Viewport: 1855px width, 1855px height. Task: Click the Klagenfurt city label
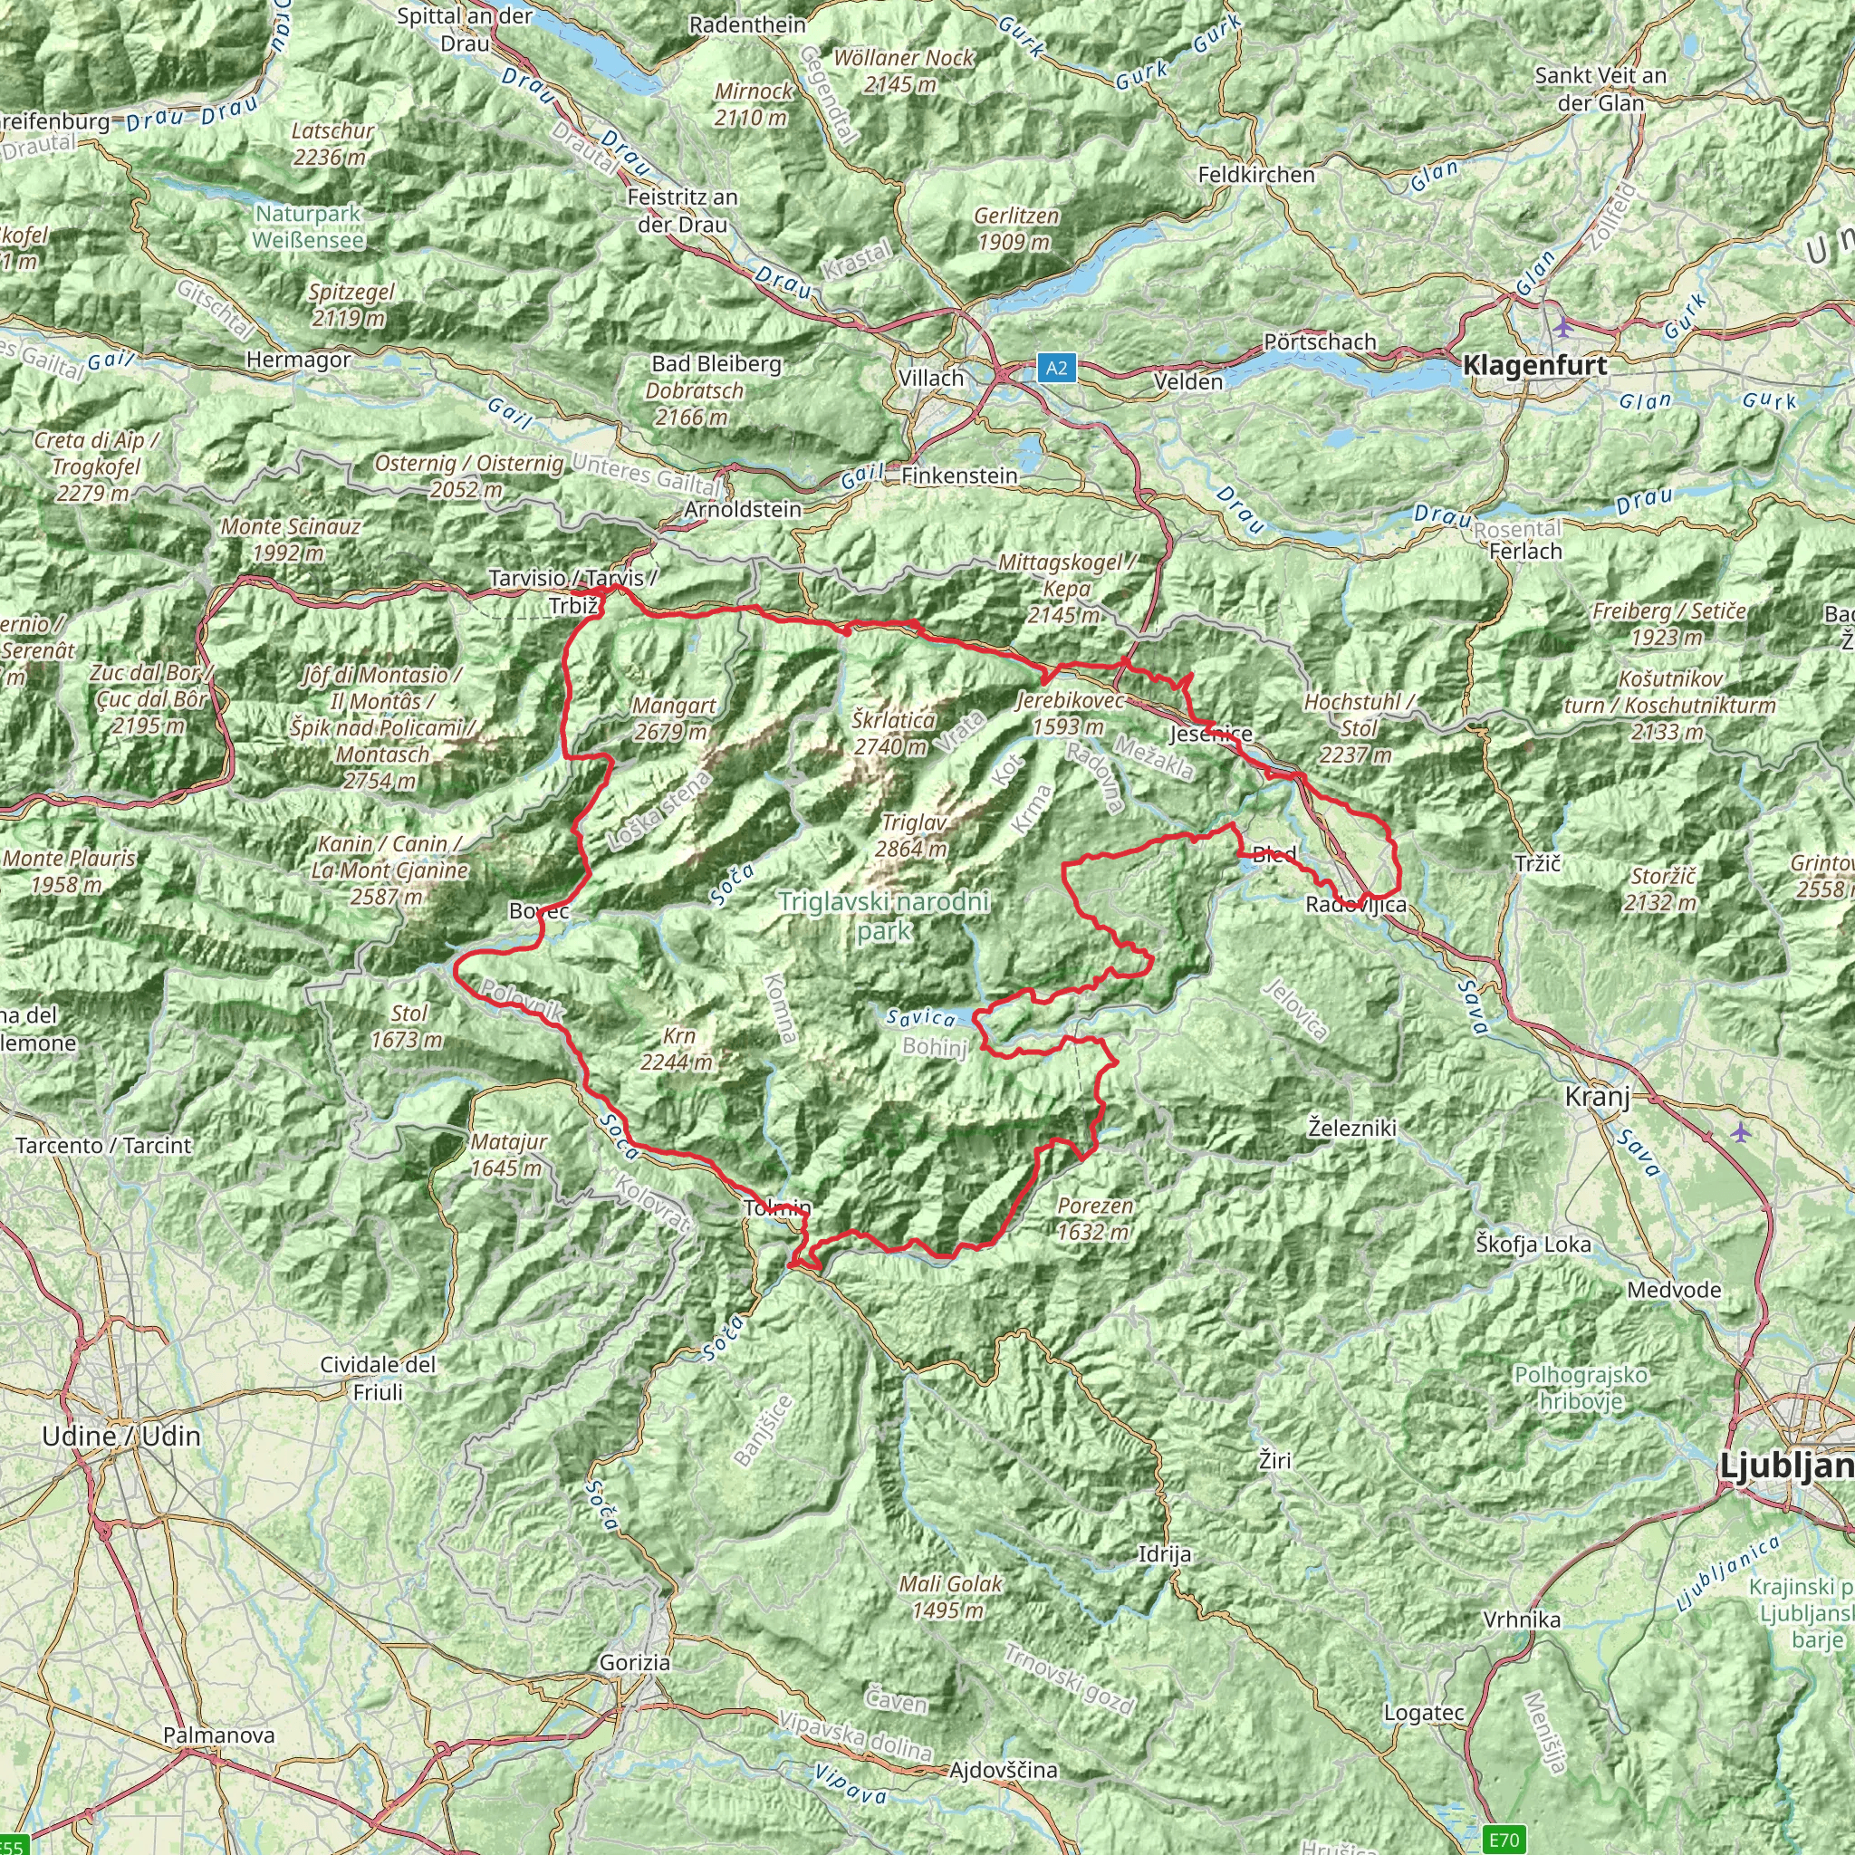coord(1534,366)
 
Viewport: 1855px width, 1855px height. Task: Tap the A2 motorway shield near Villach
coord(1056,368)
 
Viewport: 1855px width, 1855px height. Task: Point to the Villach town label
coord(930,379)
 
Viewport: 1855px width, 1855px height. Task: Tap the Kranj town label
coord(1598,1097)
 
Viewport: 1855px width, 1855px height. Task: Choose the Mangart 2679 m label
coord(673,718)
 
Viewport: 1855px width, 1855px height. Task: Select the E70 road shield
coord(1504,1840)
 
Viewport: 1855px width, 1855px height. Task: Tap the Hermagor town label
coord(299,360)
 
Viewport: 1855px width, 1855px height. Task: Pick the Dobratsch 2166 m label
coord(693,404)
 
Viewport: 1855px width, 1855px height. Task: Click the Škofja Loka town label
coord(1533,1245)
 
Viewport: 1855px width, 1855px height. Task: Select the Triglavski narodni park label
coord(883,916)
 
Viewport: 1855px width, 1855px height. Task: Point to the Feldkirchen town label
coord(1256,175)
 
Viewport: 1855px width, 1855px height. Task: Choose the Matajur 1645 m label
coord(508,1155)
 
